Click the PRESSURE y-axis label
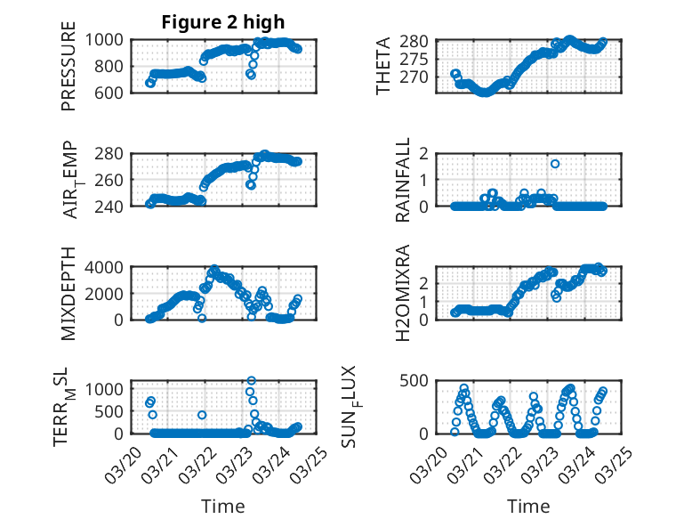pos(68,71)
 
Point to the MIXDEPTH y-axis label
pos(68,293)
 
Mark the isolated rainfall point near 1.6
pos(555,164)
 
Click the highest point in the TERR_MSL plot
pos(251,381)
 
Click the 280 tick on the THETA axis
pos(422,42)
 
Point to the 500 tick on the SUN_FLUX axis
pos(422,381)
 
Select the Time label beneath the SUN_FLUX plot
pos(528,506)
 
